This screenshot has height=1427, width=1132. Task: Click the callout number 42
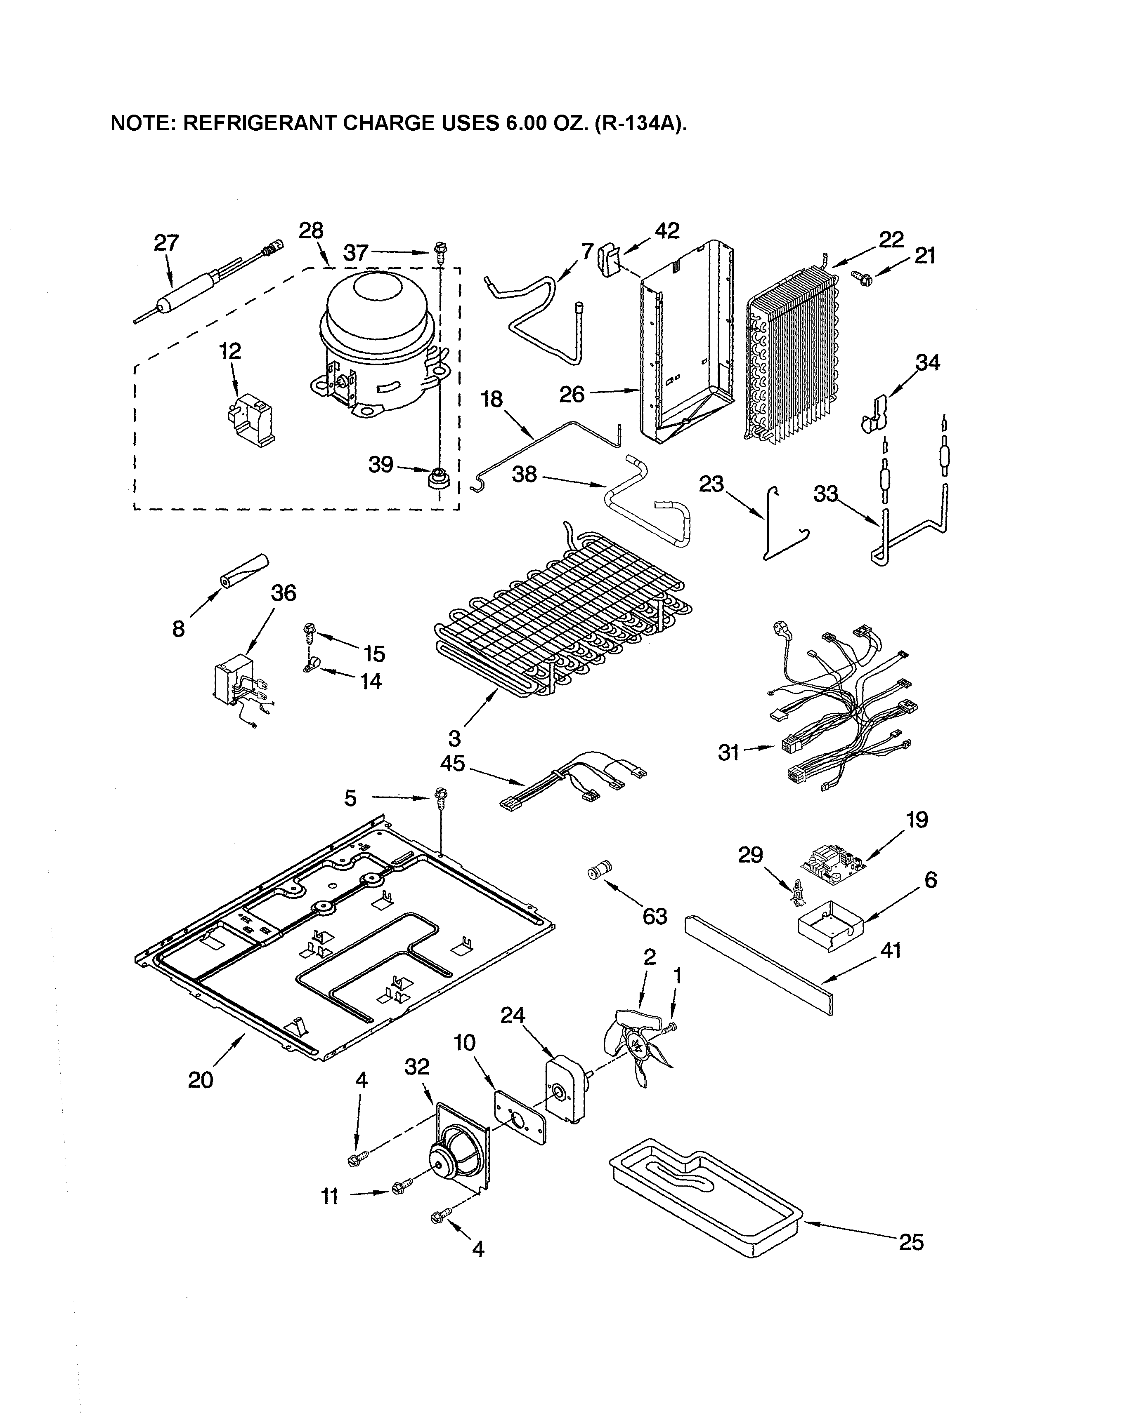tap(667, 230)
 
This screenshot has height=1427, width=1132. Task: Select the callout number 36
tap(284, 592)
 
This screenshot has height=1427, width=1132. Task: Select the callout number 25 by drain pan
tap(911, 1242)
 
